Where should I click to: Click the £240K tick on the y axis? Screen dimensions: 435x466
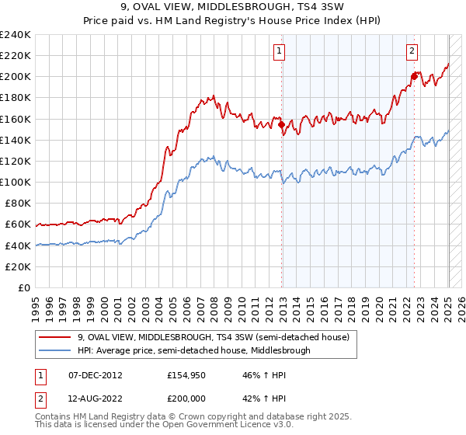coord(16,35)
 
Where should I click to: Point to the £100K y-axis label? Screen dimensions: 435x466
coord(16,182)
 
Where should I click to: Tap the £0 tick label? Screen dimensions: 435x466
coord(24,287)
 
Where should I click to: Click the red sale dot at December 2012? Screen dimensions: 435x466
coord(281,124)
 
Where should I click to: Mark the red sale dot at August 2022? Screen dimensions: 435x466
coord(414,76)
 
